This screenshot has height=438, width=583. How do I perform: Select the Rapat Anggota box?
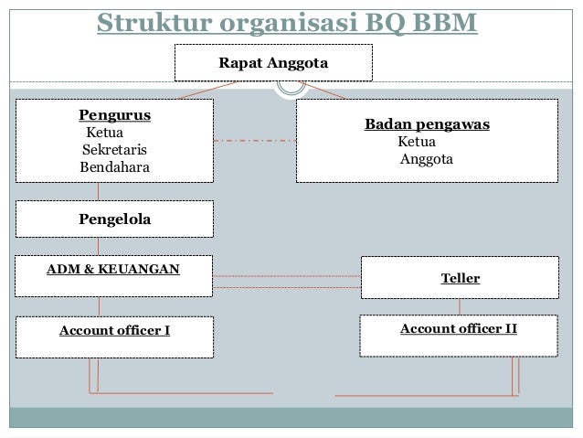[273, 63]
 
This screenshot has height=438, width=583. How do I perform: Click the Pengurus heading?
[114, 116]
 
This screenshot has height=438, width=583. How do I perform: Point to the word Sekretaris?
[114, 150]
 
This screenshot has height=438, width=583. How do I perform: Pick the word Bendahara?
[116, 167]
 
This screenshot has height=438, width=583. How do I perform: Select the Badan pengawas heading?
[427, 125]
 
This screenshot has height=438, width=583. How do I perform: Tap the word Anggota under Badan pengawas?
[426, 160]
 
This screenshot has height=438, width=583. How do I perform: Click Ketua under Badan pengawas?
[417, 143]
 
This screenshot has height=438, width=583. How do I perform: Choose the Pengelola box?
[114, 219]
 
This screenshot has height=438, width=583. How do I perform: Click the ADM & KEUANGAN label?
[113, 269]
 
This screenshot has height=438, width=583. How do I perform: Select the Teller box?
[460, 278]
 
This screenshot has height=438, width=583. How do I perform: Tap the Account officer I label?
[114, 330]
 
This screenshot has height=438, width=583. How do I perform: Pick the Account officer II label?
[459, 326]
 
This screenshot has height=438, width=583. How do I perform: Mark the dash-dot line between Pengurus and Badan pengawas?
[255, 141]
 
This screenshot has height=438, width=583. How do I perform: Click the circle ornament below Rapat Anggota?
[291, 86]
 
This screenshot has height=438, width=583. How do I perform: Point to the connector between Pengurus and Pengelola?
[99, 192]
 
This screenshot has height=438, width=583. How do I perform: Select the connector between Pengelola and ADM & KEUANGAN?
[99, 246]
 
